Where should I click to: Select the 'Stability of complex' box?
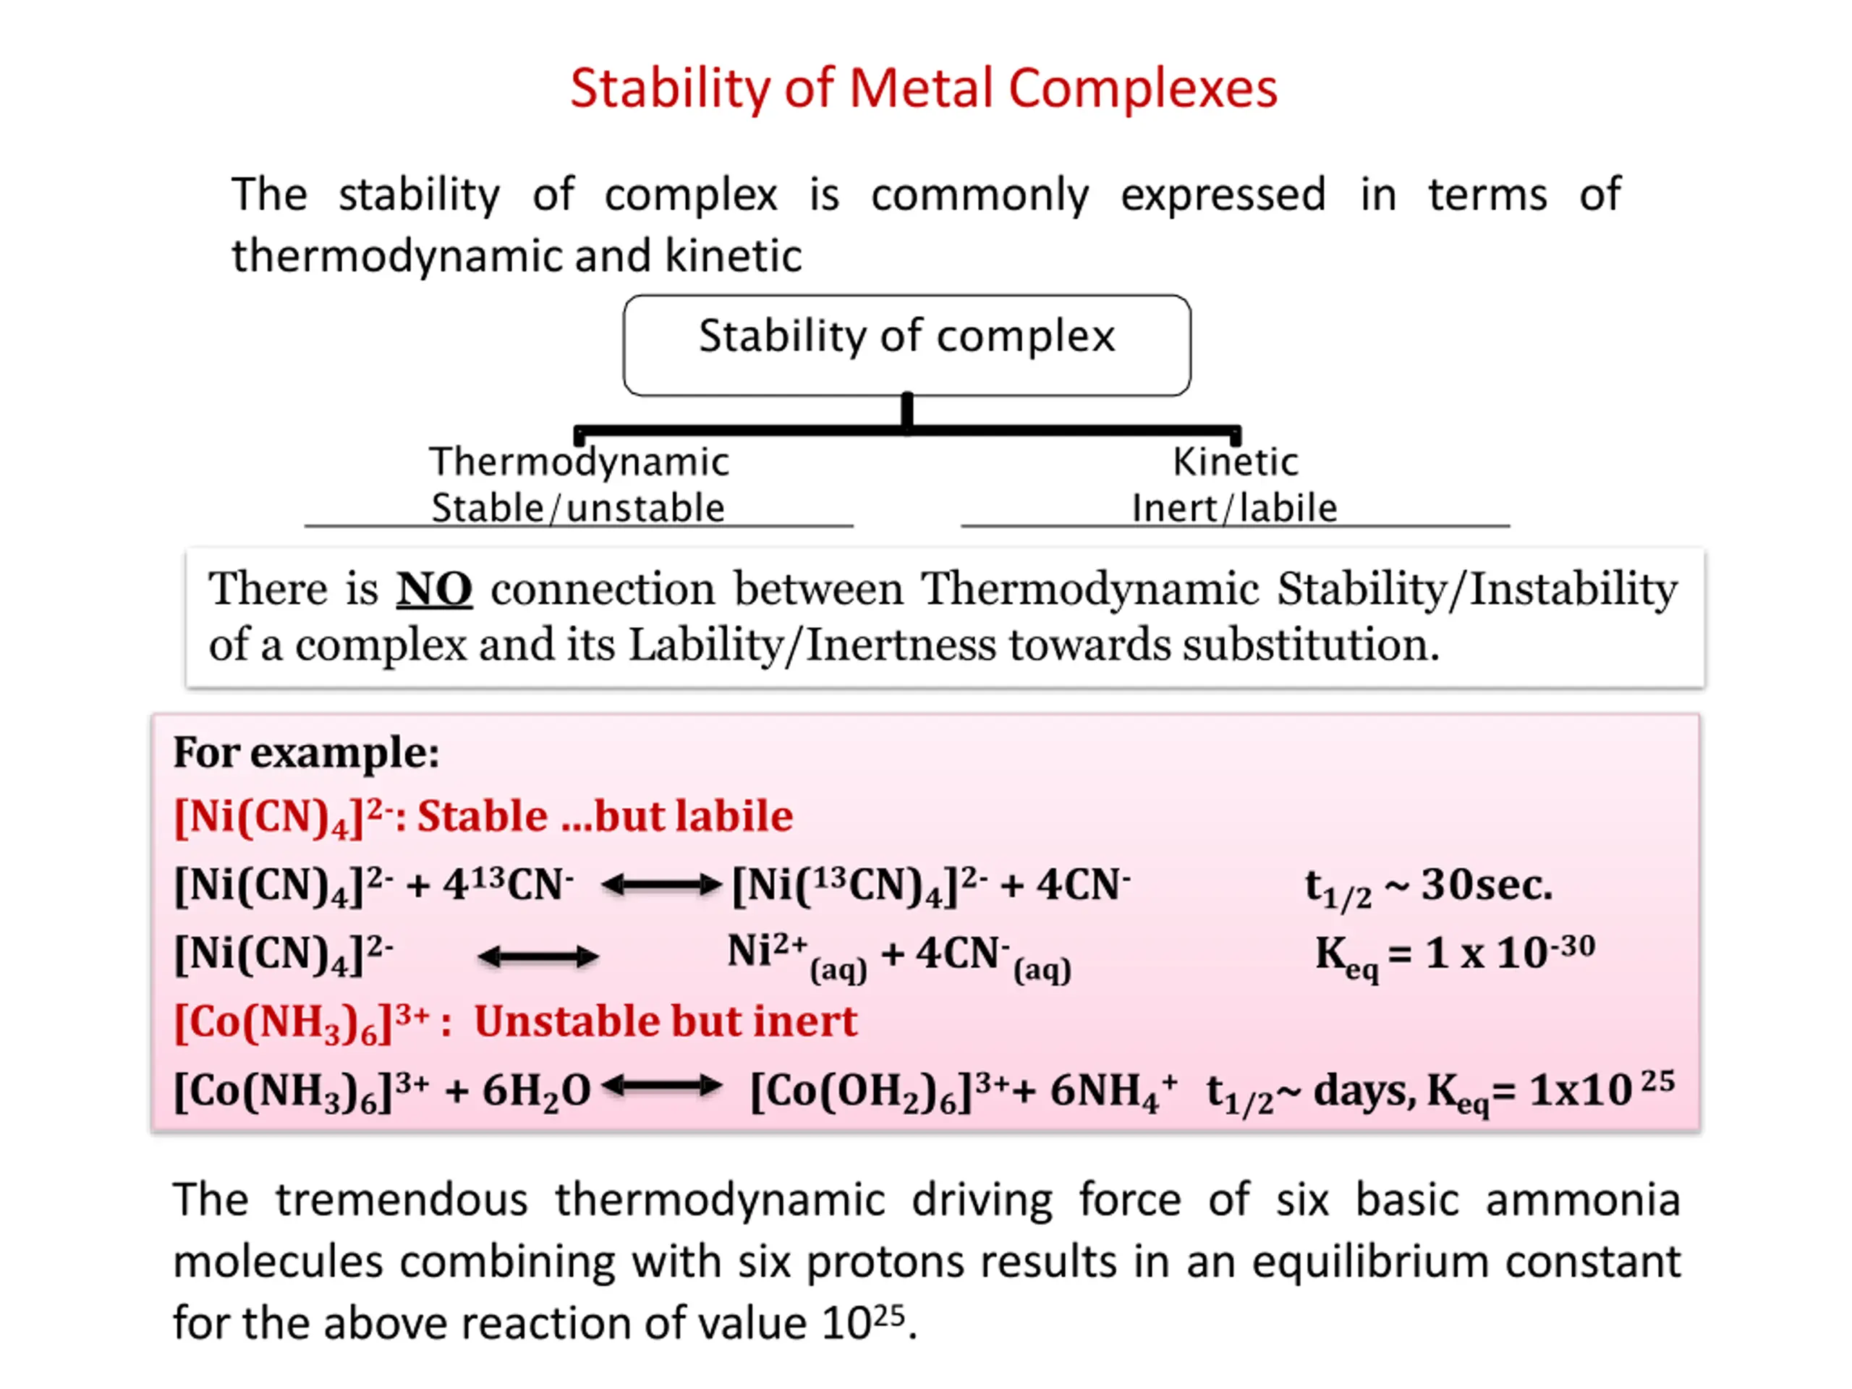906,344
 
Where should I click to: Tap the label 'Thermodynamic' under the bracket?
579,462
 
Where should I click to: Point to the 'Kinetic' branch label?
1234,462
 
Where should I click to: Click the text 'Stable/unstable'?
578,507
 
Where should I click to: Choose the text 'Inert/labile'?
1234,507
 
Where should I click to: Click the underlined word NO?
433,589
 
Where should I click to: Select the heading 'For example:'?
305,752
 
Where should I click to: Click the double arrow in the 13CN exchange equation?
660,884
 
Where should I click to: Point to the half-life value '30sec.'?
1486,884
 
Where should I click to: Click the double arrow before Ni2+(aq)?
538,956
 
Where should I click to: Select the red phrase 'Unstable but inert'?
666,1021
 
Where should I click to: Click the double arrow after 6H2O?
660,1087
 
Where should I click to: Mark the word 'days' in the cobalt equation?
1363,1090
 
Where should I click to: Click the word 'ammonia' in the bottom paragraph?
1582,1199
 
